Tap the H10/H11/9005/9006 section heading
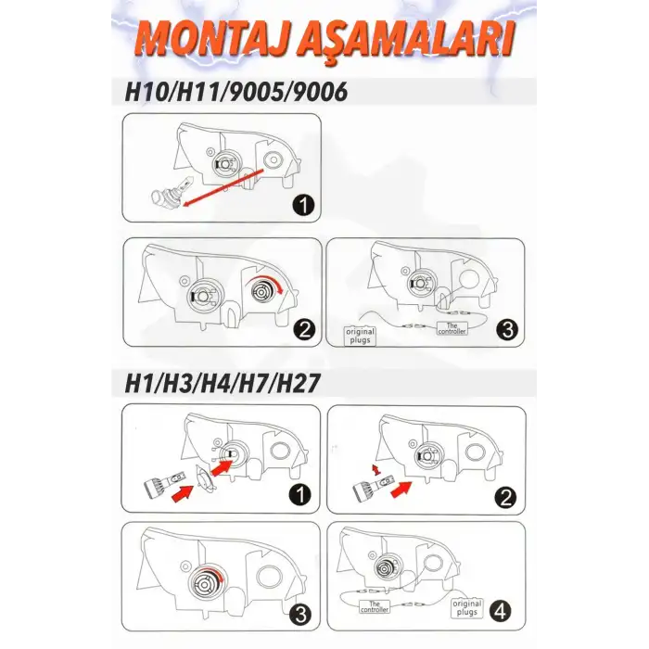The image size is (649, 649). point(235,92)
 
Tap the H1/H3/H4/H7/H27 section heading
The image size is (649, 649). point(223,383)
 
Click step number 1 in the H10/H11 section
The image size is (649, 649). point(303,205)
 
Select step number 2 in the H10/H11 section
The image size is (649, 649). point(304,330)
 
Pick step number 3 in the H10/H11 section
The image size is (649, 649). point(507,330)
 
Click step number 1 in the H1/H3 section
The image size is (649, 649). point(300,494)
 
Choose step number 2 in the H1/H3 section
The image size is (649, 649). point(506,497)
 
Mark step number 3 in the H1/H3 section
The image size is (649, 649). point(301,614)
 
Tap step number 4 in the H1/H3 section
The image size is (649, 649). point(501,611)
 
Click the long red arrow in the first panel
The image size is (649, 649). point(223,187)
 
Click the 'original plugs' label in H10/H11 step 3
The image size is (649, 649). point(360,336)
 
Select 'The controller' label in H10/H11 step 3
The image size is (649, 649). point(452,328)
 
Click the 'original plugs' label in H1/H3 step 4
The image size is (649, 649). point(467,607)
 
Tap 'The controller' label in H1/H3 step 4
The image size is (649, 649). point(375,606)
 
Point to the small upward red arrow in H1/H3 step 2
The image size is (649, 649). point(376,470)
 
